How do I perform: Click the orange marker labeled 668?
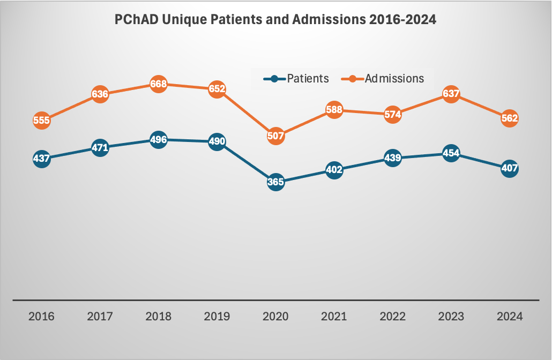coord(159,84)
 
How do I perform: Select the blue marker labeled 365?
coord(275,182)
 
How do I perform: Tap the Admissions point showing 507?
coord(275,136)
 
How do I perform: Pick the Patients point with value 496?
coord(159,140)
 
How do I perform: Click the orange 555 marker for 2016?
coord(41,121)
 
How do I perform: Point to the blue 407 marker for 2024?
coord(509,169)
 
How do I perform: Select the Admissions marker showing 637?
coord(451,94)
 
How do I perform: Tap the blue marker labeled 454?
coord(451,154)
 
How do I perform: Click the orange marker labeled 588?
coord(334,110)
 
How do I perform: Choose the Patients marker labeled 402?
coord(334,170)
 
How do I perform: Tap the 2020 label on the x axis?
coord(275,316)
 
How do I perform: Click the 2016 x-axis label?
coord(41,316)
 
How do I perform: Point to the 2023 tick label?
coord(451,316)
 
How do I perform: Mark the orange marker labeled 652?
coord(217,89)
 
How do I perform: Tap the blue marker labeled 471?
coord(100,147)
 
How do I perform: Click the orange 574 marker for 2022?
coord(392,114)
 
